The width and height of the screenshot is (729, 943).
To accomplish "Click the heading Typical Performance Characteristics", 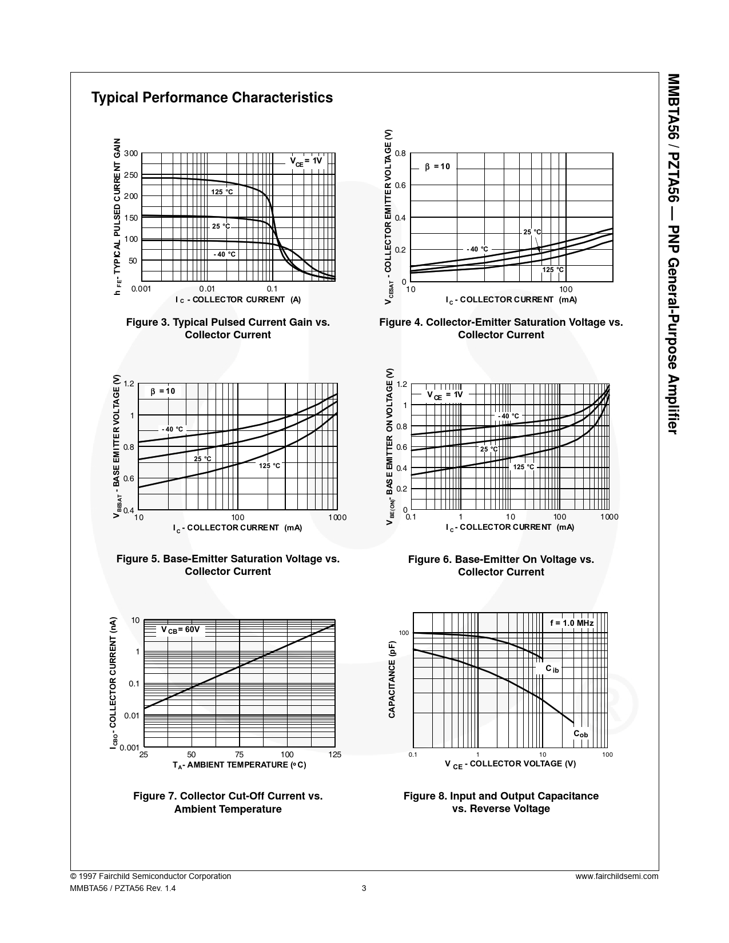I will tap(212, 98).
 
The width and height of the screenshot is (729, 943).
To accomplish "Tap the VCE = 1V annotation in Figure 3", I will tap(305, 161).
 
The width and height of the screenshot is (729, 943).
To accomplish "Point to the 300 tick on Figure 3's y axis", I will tap(131, 154).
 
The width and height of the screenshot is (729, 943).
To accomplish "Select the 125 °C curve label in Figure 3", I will tap(222, 192).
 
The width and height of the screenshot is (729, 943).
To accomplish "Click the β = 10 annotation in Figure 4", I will tap(437, 167).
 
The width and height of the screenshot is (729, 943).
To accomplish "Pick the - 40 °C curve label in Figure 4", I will tap(477, 249).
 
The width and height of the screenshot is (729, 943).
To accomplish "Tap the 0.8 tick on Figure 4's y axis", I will tap(400, 154).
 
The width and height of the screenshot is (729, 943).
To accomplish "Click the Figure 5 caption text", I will tap(228, 565).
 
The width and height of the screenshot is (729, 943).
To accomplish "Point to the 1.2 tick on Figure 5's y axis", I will tap(129, 384).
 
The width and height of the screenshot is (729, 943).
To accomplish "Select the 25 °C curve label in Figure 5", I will tap(202, 459).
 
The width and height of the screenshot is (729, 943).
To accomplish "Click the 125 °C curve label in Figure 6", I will tap(523, 467).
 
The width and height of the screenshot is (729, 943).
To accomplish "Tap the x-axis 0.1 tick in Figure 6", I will tap(411, 517).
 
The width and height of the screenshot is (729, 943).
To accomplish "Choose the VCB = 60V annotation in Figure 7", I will tap(180, 630).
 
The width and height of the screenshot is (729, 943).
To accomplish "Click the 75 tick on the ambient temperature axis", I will tap(239, 755).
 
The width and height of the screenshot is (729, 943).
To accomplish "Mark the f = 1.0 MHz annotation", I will tap(572, 623).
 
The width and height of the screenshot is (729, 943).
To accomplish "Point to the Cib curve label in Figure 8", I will tap(552, 669).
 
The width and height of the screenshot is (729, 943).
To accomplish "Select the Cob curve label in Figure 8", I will tap(580, 734).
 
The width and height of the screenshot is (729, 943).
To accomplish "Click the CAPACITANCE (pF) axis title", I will tap(392, 679).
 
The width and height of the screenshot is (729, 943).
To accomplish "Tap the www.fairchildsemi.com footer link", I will tap(617, 876).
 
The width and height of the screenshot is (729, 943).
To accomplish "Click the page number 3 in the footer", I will tap(364, 888).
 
